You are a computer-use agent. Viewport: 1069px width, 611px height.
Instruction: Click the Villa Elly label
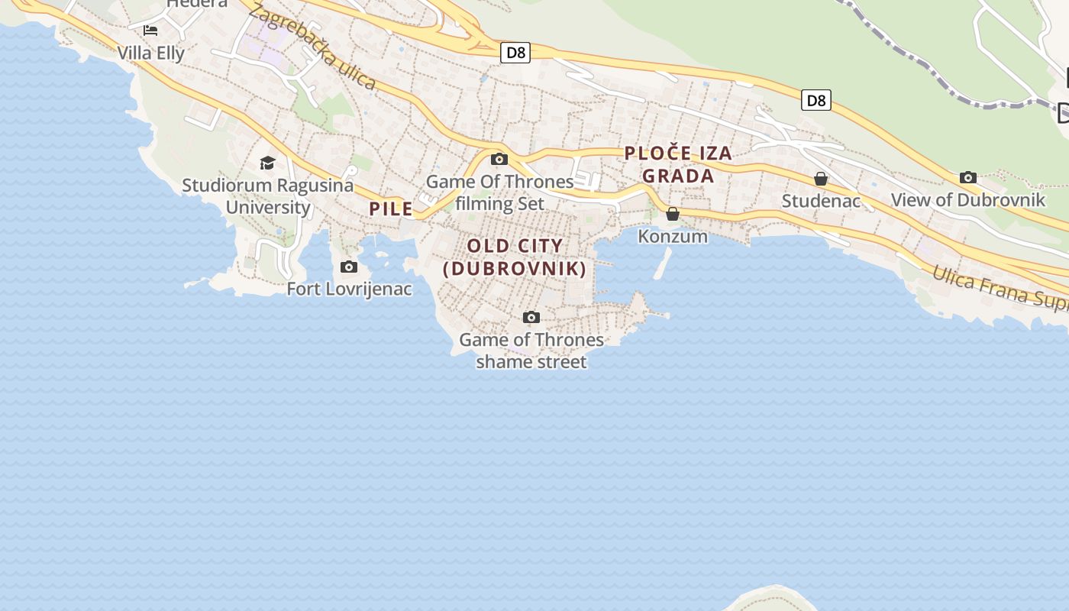[x=151, y=53]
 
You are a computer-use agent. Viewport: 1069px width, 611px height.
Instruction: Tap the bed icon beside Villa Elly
[x=150, y=31]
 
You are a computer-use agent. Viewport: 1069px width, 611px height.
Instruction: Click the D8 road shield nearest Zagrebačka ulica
[x=515, y=53]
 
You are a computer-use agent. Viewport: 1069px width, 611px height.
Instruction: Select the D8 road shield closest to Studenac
[x=815, y=100]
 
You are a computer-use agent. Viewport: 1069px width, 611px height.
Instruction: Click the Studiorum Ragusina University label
[x=268, y=196]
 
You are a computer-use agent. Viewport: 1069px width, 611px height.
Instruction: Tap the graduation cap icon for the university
[x=267, y=163]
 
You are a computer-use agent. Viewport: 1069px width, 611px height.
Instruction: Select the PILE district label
[x=391, y=209]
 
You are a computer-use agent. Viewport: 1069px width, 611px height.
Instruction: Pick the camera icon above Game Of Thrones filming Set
[x=499, y=160]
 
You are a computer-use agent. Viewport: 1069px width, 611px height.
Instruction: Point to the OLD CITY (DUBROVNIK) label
[x=515, y=257]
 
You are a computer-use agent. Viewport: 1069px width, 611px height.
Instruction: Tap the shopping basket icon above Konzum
[x=673, y=214]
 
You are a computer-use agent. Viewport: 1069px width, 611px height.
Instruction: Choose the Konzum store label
[x=673, y=237]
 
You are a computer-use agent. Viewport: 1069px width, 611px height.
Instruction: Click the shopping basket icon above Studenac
[x=821, y=179]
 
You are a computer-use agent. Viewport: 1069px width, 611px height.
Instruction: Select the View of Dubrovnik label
[x=967, y=200]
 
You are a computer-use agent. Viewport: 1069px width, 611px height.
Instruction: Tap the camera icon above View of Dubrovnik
[x=968, y=178]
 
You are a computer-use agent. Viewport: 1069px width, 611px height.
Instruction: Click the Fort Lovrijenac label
[x=349, y=289]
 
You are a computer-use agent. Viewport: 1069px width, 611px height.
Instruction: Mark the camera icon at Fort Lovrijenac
[x=349, y=267]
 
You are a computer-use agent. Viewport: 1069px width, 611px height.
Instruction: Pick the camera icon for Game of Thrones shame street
[x=531, y=317]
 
